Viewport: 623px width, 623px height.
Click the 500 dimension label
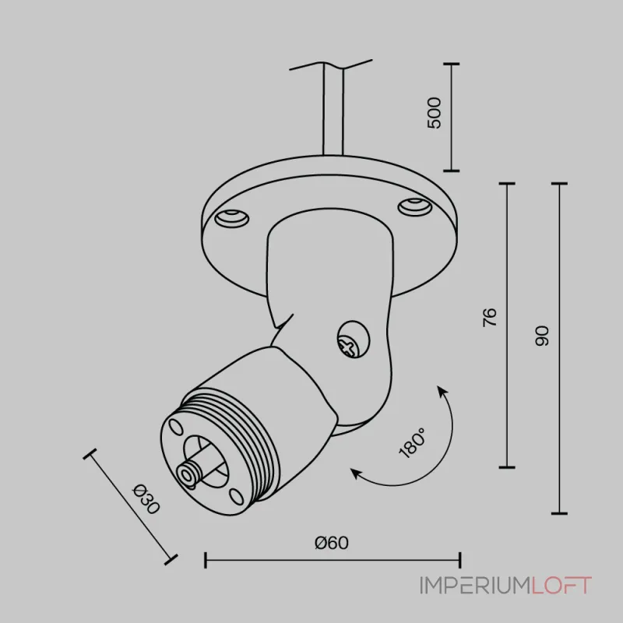[434, 113]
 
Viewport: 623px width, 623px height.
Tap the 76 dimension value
[490, 317]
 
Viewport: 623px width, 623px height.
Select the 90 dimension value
[542, 336]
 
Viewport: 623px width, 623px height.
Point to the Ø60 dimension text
[332, 543]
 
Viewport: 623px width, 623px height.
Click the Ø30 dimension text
[146, 499]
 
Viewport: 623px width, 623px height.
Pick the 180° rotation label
[413, 443]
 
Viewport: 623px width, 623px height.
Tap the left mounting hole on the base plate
[231, 219]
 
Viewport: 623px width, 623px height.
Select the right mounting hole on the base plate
[415, 207]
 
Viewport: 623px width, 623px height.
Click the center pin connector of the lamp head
[187, 474]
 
